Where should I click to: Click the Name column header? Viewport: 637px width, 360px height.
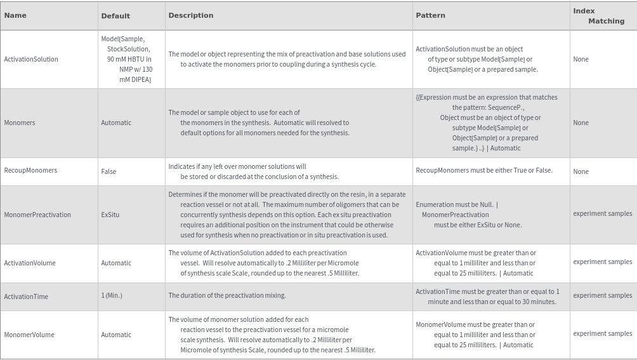pyautogui.click(x=15, y=15)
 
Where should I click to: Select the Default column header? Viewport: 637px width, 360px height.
pyautogui.click(x=115, y=16)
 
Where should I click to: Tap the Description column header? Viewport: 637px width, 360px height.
pyautogui.click(x=191, y=15)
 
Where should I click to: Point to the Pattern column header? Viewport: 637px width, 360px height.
pyautogui.click(x=430, y=15)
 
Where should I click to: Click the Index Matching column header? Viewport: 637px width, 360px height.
pyautogui.click(x=599, y=16)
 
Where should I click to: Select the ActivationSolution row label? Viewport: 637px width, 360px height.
pyautogui.click(x=31, y=59)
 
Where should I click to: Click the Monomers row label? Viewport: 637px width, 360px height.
pyautogui.click(x=20, y=123)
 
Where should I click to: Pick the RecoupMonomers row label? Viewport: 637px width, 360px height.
pyautogui.click(x=30, y=170)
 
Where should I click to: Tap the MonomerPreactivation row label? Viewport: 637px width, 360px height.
pyautogui.click(x=37, y=215)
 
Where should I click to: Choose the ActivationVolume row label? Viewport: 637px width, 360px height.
pyautogui.click(x=30, y=263)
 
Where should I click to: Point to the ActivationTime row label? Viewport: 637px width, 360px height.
pyautogui.click(x=26, y=297)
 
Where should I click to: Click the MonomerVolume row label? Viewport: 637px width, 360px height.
pyautogui.click(x=29, y=335)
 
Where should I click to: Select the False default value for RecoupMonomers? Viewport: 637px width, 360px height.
pyautogui.click(x=108, y=171)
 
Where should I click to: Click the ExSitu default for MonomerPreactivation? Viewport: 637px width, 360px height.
pyautogui.click(x=110, y=215)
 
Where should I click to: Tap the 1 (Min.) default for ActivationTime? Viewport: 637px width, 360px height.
pyautogui.click(x=112, y=295)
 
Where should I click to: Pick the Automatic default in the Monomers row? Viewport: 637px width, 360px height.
pyautogui.click(x=116, y=123)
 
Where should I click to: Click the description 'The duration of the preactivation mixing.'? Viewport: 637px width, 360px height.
pyautogui.click(x=227, y=295)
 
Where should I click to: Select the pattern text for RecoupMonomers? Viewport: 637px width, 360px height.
pyautogui.click(x=484, y=170)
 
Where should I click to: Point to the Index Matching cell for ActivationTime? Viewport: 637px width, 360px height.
pyautogui.click(x=602, y=295)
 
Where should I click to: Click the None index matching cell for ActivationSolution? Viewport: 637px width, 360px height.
pyautogui.click(x=581, y=59)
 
